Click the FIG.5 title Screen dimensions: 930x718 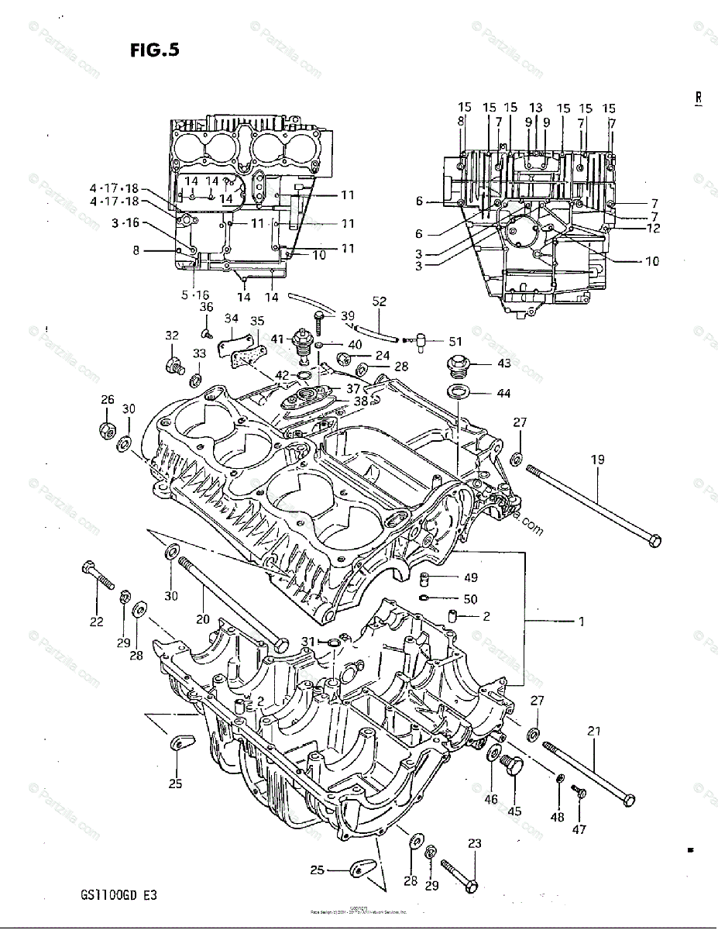tap(155, 50)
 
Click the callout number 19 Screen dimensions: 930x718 tap(597, 460)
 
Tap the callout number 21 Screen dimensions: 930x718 tap(594, 731)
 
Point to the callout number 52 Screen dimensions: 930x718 tap(379, 301)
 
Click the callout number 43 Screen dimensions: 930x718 tap(503, 363)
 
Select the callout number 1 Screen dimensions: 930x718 tap(581, 621)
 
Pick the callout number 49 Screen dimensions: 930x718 tap(470, 577)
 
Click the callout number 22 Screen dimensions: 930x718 tap(96, 622)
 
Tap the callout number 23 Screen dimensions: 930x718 tap(475, 844)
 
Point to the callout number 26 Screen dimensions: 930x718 tap(107, 400)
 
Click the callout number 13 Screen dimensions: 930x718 tap(536, 108)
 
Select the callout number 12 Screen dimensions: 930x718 tap(653, 229)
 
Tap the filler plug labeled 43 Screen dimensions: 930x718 tap(457, 363)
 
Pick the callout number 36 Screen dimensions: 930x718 tap(206, 307)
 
